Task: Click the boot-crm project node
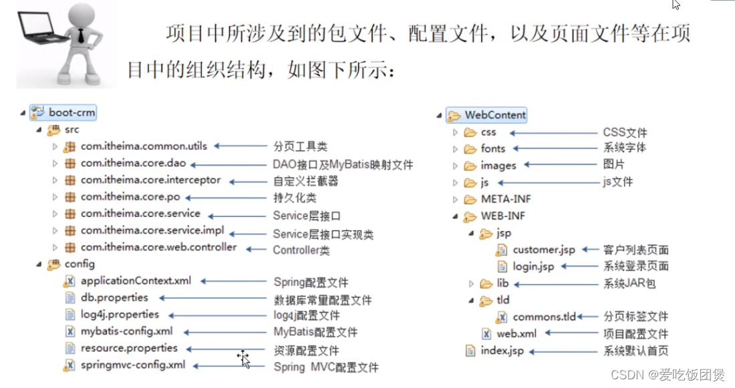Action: tap(71, 113)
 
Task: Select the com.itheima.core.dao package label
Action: tap(134, 164)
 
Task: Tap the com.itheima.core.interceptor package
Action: tap(150, 180)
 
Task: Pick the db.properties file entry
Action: tap(114, 297)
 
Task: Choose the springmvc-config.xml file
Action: tap(133, 365)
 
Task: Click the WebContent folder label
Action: tap(495, 115)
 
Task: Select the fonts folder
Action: tap(492, 148)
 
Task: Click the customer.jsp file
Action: tap(543, 250)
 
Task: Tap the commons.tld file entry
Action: tap(544, 317)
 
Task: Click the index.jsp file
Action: tap(502, 351)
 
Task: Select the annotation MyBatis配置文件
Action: tap(315, 332)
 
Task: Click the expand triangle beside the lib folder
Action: tap(472, 284)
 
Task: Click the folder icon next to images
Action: tap(470, 165)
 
